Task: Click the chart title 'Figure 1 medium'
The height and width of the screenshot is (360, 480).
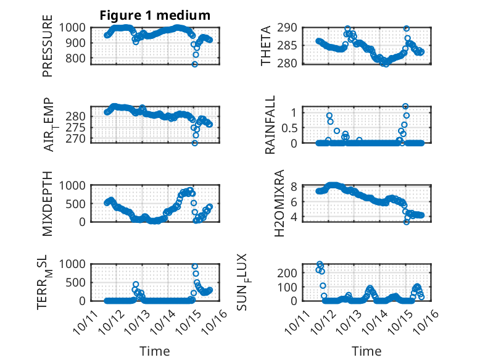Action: (155, 15)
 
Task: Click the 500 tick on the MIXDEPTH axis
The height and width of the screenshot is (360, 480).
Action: (79, 203)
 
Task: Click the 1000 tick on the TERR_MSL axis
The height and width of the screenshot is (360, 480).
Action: (76, 264)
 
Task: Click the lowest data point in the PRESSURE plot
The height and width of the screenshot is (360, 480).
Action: (194, 64)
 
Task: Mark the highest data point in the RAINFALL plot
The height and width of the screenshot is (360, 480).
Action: (405, 106)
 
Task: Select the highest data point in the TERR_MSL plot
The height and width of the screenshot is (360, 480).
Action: (194, 266)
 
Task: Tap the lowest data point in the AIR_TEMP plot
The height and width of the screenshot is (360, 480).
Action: (194, 143)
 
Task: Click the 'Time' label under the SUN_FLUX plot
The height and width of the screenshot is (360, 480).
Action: (366, 351)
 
